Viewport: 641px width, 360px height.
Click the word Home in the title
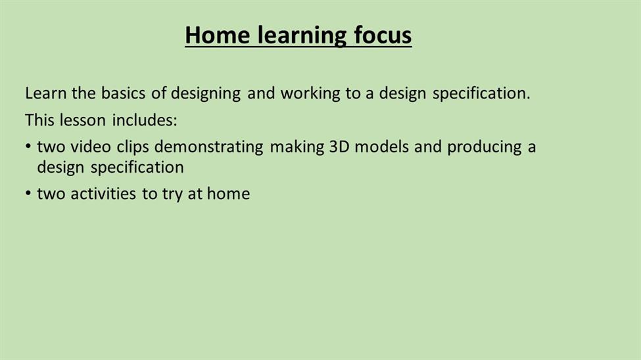point(217,35)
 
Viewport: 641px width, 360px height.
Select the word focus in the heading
point(383,35)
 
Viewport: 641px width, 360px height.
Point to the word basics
point(123,93)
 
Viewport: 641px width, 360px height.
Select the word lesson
point(83,120)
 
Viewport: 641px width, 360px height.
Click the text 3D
point(339,146)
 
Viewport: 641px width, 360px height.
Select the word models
point(381,146)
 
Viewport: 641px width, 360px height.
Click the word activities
point(103,194)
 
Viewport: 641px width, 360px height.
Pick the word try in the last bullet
point(172,195)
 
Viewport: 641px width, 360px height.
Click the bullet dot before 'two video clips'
point(28,146)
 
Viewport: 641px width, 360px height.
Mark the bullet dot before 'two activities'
point(28,193)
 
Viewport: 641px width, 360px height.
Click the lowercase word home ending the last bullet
point(229,194)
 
